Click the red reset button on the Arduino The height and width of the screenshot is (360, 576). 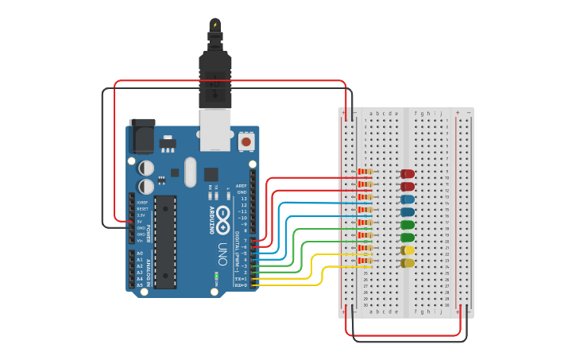(x=246, y=142)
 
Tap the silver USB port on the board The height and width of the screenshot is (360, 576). (x=215, y=130)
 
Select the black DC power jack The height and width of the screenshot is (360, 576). (x=142, y=136)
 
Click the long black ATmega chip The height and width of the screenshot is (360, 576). (x=165, y=241)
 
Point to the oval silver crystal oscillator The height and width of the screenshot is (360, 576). (x=190, y=171)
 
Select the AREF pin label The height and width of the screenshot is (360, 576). (x=242, y=185)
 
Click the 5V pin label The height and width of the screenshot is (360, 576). (x=141, y=222)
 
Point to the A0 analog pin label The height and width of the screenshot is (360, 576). (x=140, y=254)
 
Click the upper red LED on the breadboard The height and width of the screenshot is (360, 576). (x=408, y=173)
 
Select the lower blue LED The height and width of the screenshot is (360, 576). (x=408, y=212)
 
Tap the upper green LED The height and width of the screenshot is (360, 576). (x=408, y=225)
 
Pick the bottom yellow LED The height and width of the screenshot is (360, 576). (x=408, y=263)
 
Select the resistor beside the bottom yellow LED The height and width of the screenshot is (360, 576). (x=365, y=261)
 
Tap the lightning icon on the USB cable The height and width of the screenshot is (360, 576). (x=215, y=25)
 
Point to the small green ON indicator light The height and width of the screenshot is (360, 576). (x=216, y=277)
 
